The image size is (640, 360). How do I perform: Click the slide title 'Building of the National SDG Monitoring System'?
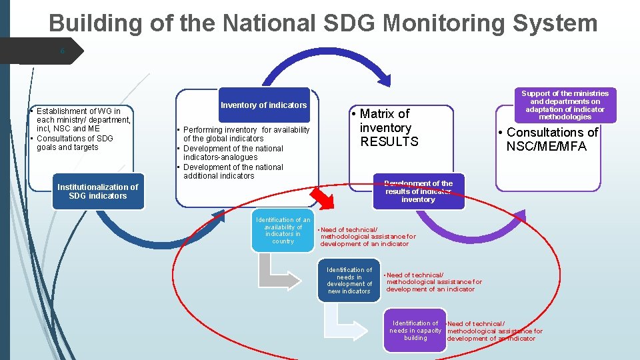[x=323, y=23]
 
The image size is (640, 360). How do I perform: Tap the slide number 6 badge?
[x=62, y=50]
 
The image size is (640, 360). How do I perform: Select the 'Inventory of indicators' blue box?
[x=264, y=105]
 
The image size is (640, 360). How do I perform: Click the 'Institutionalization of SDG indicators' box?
[x=98, y=191]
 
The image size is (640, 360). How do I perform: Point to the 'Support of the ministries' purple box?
[x=565, y=105]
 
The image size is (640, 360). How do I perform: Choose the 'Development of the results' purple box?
[x=418, y=191]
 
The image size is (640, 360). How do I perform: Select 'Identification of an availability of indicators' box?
[x=283, y=231]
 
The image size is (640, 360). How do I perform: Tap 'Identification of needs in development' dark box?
[x=349, y=281]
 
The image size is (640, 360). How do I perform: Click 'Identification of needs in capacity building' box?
[x=415, y=331]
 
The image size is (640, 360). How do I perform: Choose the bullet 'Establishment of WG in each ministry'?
[x=79, y=120]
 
